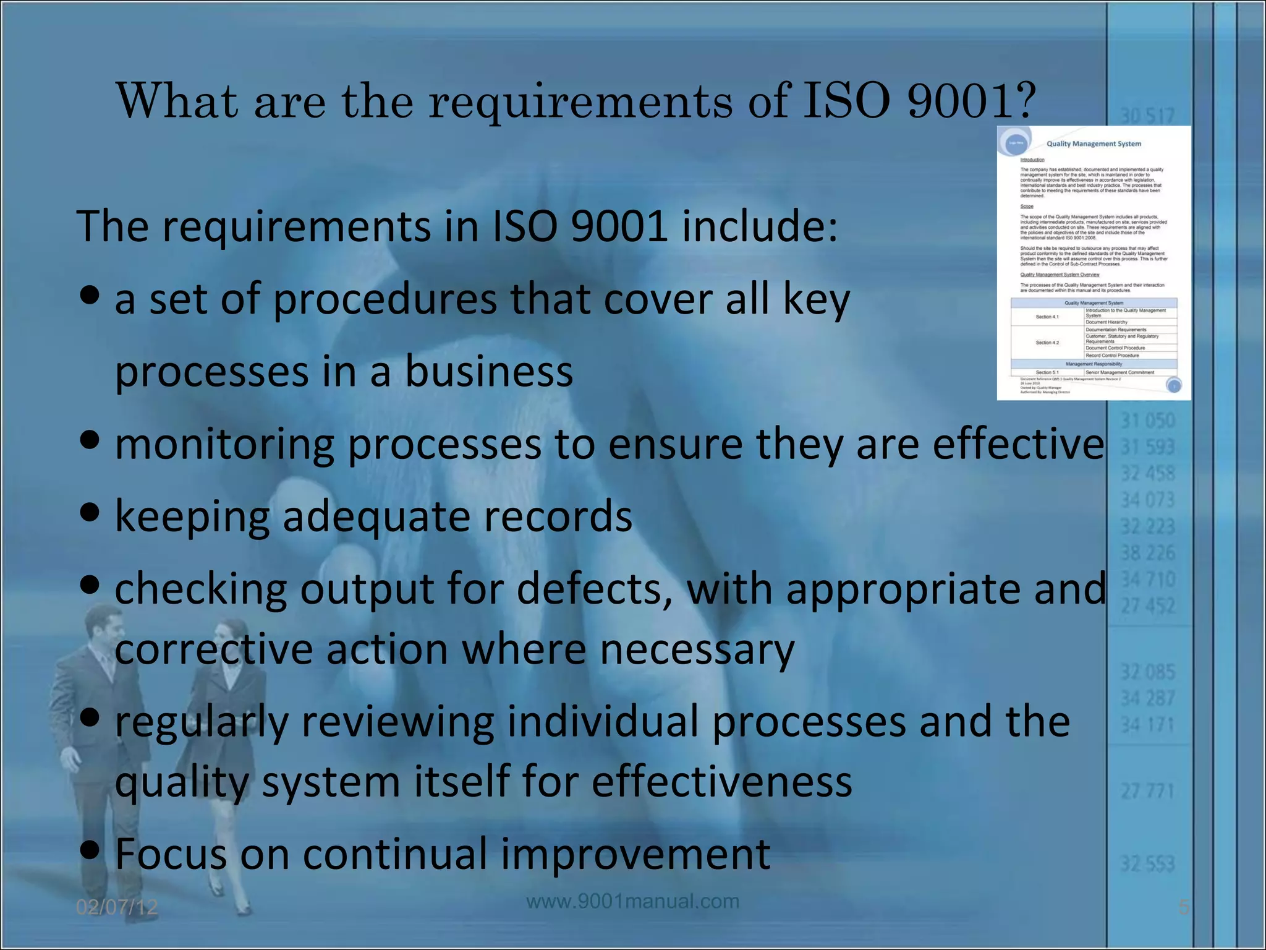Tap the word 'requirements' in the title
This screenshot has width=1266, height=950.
pyautogui.click(x=580, y=101)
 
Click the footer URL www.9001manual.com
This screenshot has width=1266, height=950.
pyautogui.click(x=632, y=901)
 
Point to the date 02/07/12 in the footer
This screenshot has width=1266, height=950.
pyautogui.click(x=117, y=907)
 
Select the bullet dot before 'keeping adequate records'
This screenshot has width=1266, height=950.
pyautogui.click(x=90, y=513)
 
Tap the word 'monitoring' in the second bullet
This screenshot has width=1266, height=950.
pyautogui.click(x=224, y=445)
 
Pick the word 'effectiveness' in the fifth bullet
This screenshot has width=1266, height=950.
pyautogui.click(x=721, y=781)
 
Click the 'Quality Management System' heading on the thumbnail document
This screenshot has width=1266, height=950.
pyautogui.click(x=1094, y=144)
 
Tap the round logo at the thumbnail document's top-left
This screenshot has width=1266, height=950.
pyautogui.click(x=1016, y=142)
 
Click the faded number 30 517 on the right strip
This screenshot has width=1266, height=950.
pyautogui.click(x=1147, y=116)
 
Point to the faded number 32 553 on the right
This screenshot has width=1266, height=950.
pyautogui.click(x=1147, y=863)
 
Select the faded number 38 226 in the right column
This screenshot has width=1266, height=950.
pyautogui.click(x=1148, y=552)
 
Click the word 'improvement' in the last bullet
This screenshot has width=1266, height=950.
pyautogui.click(x=635, y=854)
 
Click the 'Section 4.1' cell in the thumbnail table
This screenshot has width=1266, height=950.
pyautogui.click(x=1047, y=317)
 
